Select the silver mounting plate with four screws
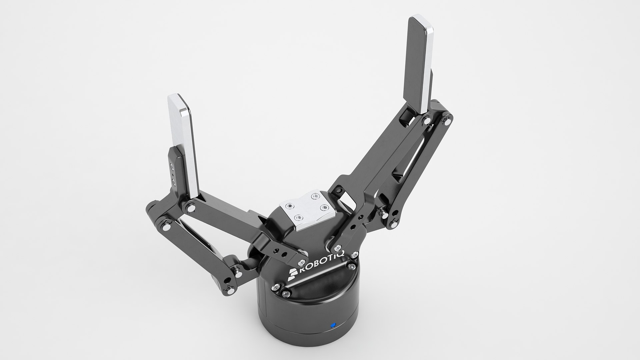click(x=307, y=210)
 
